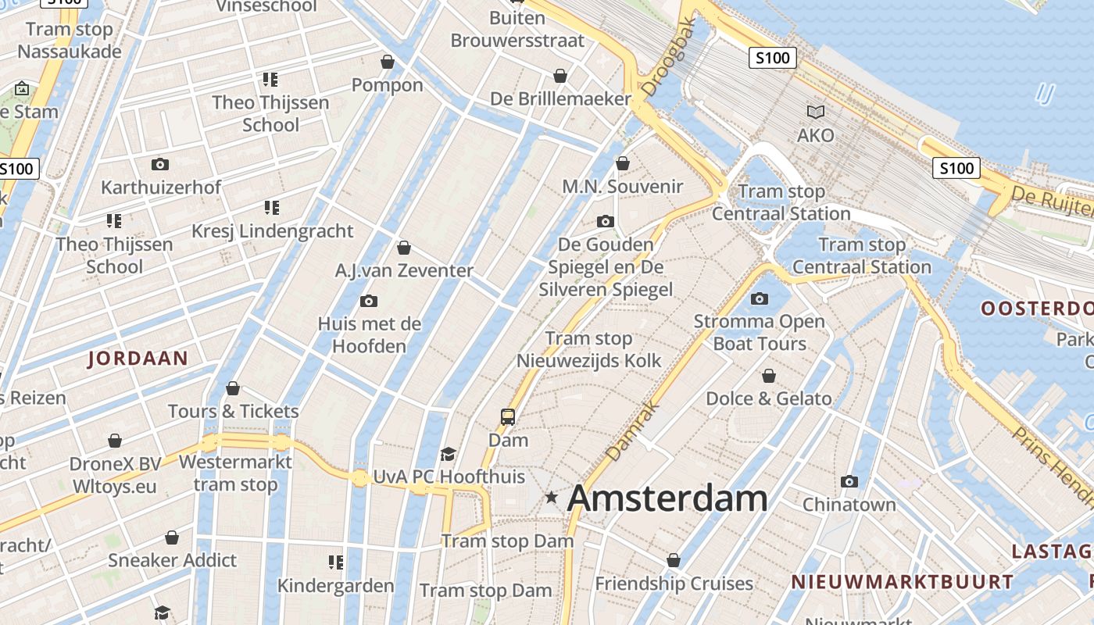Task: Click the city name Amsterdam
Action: coord(667,498)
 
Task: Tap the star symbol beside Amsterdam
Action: coord(552,497)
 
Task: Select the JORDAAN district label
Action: coord(138,359)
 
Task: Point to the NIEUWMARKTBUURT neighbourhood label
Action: coord(902,582)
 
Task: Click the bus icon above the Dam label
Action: coord(508,417)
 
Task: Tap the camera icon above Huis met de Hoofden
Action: coord(369,302)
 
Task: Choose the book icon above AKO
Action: coord(816,112)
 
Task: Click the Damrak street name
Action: coord(633,430)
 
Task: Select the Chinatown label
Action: coord(849,505)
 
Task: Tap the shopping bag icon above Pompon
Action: coord(388,62)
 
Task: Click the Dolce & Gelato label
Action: coord(769,398)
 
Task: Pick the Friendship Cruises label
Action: coord(674,584)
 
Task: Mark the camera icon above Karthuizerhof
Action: coord(160,165)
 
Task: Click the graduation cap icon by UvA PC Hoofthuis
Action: coord(448,455)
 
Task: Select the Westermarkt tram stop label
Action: coord(235,473)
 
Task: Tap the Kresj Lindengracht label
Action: coord(273,231)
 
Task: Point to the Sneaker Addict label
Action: coord(172,560)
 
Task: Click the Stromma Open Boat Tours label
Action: coord(760,332)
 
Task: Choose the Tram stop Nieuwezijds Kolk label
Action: coord(589,349)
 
